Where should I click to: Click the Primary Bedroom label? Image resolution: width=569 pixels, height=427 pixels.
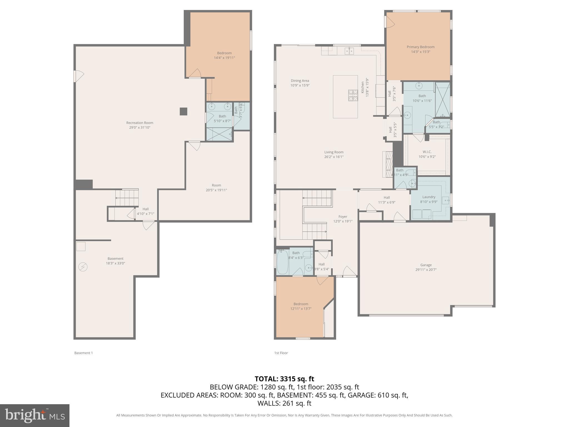[420, 47]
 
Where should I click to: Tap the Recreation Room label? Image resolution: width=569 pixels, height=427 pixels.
[139, 123]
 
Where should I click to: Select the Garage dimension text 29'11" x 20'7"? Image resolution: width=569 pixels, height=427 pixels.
[426, 270]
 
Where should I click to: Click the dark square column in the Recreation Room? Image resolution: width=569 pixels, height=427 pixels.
[183, 111]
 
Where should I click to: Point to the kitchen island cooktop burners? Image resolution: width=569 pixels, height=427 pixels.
[353, 95]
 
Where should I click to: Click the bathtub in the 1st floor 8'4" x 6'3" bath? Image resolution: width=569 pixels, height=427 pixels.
[283, 262]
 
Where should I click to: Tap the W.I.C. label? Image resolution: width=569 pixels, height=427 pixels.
[427, 152]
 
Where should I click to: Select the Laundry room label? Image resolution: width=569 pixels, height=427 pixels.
[429, 197]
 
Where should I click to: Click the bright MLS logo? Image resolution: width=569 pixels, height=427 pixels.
[34, 415]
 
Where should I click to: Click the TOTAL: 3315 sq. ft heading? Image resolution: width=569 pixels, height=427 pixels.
[284, 379]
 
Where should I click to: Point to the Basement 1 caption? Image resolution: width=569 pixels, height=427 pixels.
[83, 353]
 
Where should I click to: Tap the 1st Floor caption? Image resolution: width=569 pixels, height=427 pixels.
[281, 353]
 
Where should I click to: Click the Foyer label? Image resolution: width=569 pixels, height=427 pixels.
[343, 217]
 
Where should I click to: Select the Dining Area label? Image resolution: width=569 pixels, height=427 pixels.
[300, 81]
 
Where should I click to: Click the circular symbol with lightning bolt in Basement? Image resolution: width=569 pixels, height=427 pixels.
[83, 267]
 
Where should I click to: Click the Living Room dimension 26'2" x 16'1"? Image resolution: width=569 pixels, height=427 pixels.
[334, 157]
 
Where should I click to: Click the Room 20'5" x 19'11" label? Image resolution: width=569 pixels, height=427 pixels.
[216, 185]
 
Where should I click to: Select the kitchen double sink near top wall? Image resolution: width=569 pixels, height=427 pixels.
[349, 51]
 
